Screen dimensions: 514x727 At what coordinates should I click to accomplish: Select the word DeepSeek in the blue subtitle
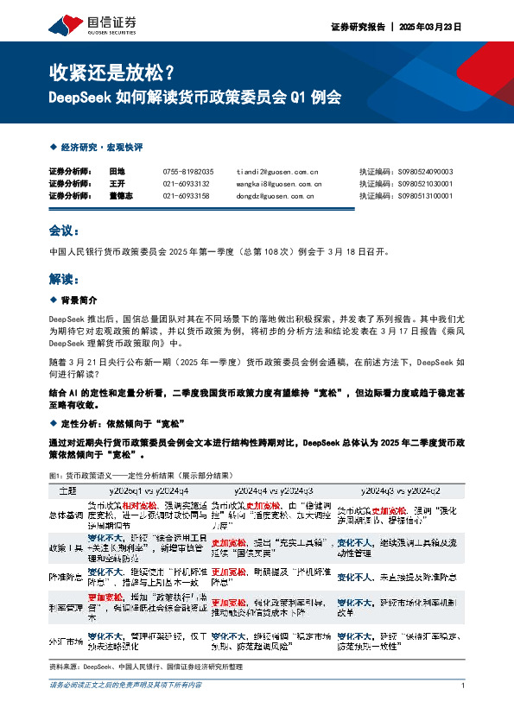76,98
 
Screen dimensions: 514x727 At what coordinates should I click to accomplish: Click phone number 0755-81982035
187,172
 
